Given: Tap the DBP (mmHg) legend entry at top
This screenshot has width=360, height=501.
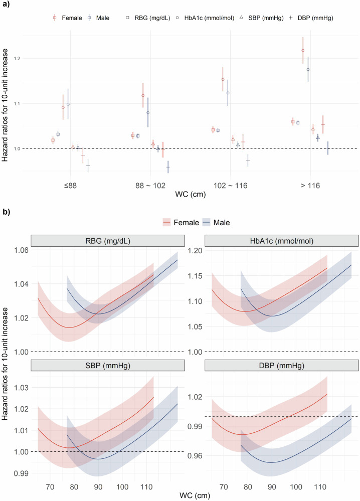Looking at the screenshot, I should (x=310, y=18).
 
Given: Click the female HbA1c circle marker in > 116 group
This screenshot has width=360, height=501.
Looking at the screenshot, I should (x=303, y=51).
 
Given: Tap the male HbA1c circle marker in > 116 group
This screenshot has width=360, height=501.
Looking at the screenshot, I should (x=308, y=69).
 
